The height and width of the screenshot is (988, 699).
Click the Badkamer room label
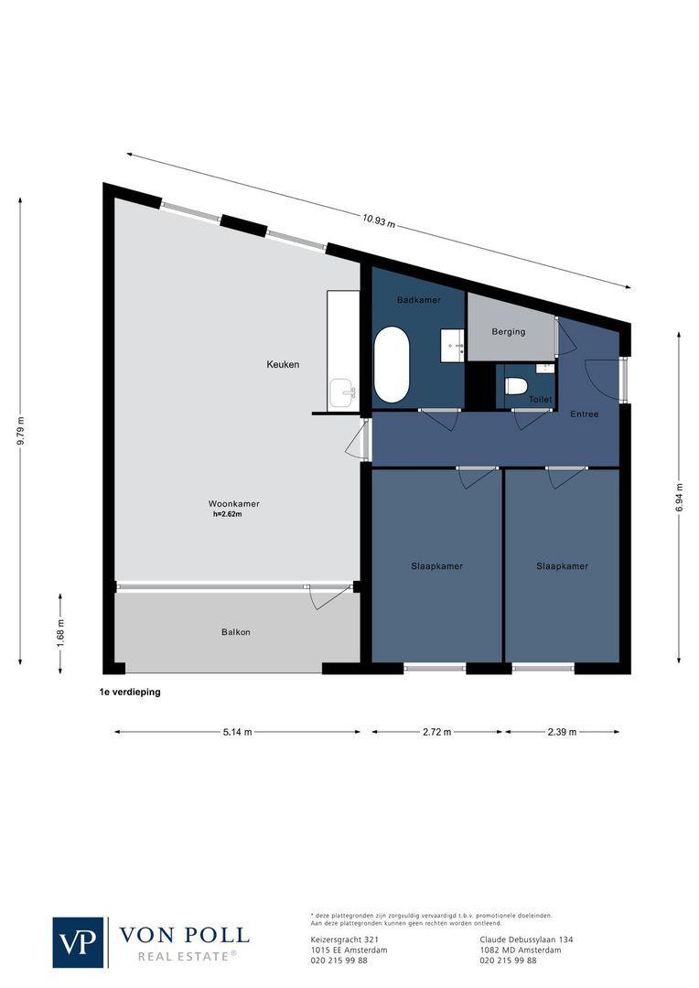[418, 300]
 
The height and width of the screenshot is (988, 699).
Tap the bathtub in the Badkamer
[392, 364]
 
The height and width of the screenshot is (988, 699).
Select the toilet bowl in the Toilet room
[516, 387]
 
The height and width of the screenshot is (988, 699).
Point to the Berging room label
[508, 331]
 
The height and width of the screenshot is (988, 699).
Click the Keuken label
[283, 364]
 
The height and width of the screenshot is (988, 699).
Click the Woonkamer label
[233, 504]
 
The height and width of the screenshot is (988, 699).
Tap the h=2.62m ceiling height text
[226, 514]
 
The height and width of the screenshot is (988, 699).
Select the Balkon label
[235, 632]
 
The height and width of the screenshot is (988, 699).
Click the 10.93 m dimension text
[378, 220]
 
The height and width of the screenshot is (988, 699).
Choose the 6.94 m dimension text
[679, 499]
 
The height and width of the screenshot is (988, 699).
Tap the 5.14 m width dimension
[236, 732]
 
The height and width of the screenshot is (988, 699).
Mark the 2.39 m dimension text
[562, 732]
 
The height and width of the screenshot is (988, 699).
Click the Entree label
[585, 414]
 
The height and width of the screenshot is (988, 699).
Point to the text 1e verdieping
[130, 693]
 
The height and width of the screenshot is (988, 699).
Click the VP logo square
[79, 941]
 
